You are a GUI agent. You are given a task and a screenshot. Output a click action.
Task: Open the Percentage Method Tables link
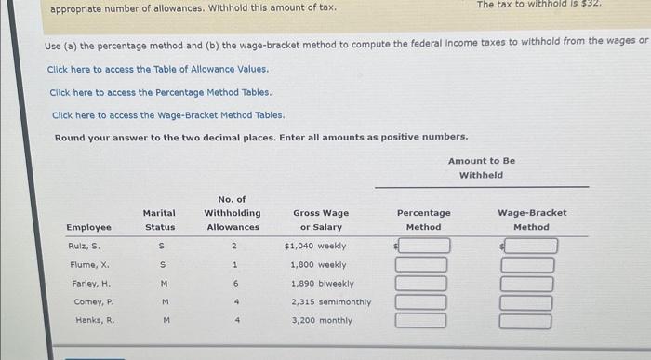point(160,93)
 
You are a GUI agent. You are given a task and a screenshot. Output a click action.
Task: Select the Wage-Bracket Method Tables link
point(167,115)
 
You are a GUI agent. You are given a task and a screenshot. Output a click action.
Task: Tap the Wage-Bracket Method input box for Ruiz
point(531,247)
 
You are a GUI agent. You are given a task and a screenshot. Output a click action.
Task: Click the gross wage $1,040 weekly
point(315,247)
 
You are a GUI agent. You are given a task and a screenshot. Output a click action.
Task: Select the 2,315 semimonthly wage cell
point(330,302)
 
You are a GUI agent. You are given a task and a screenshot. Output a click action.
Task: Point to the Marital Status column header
point(159,220)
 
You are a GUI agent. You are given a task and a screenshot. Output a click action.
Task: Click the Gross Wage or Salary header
point(321,220)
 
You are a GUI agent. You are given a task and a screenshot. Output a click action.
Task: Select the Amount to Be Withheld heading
point(481,167)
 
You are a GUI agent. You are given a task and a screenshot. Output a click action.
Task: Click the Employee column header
point(88,227)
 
